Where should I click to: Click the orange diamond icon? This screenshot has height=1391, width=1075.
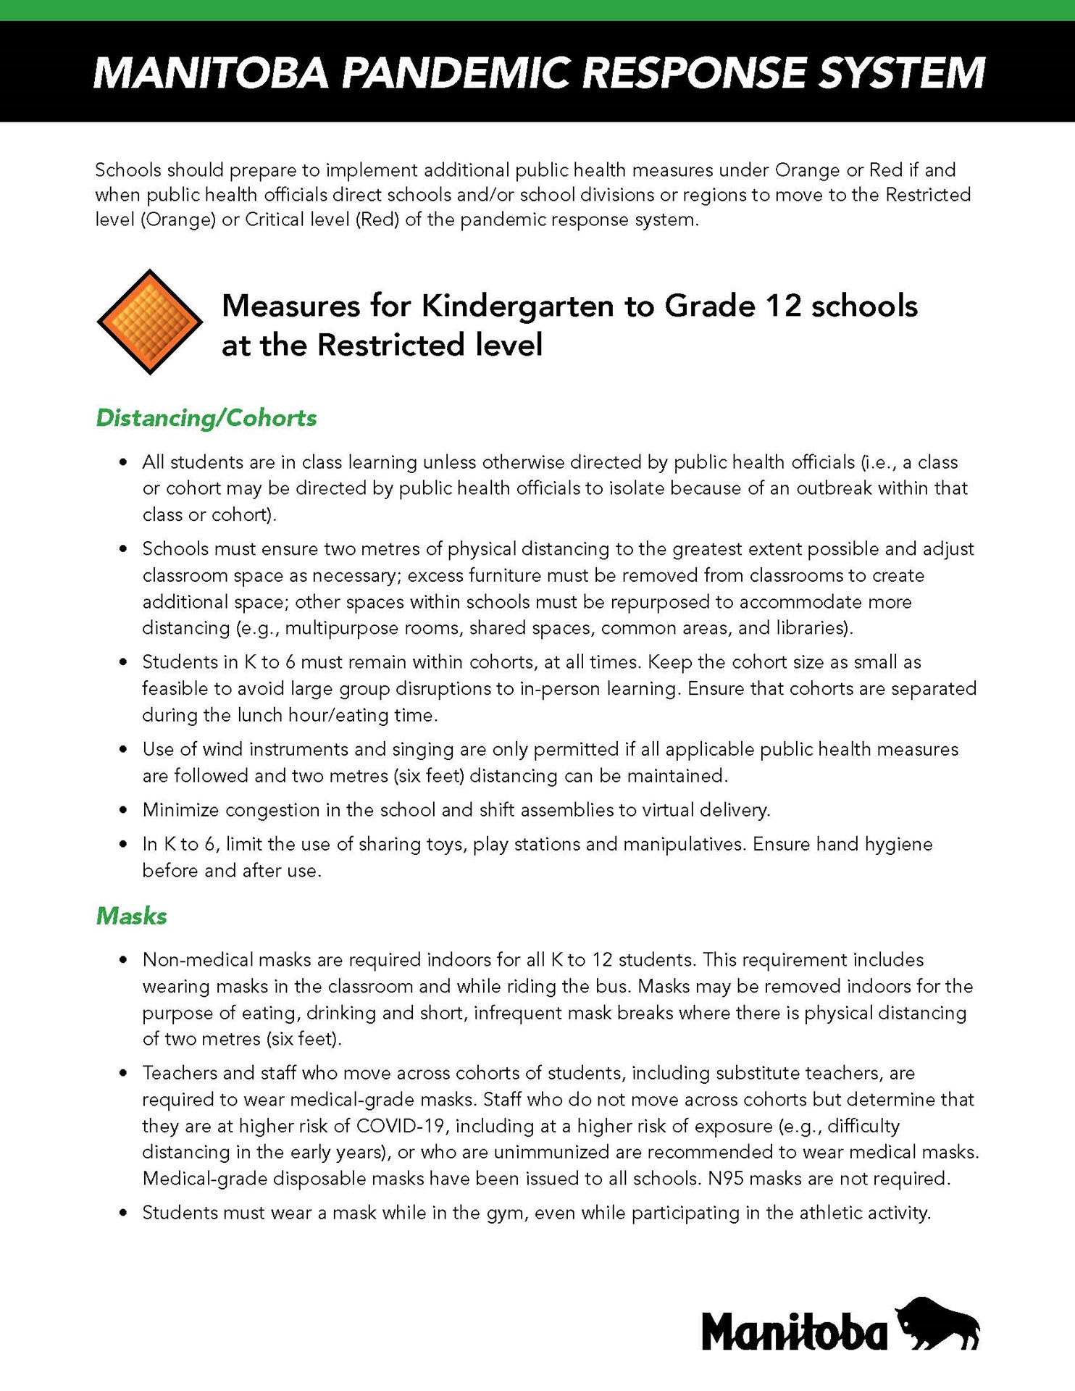pos(149,322)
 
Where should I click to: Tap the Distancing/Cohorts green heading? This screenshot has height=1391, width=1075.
pos(206,418)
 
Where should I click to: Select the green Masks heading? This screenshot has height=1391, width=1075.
pos(131,916)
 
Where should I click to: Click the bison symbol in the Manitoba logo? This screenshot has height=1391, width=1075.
pos(938,1324)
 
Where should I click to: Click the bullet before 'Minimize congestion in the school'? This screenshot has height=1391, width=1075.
pos(124,810)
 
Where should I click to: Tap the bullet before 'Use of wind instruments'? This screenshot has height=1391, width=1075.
pos(124,749)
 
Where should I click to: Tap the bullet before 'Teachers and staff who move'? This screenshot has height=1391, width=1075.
pos(124,1073)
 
